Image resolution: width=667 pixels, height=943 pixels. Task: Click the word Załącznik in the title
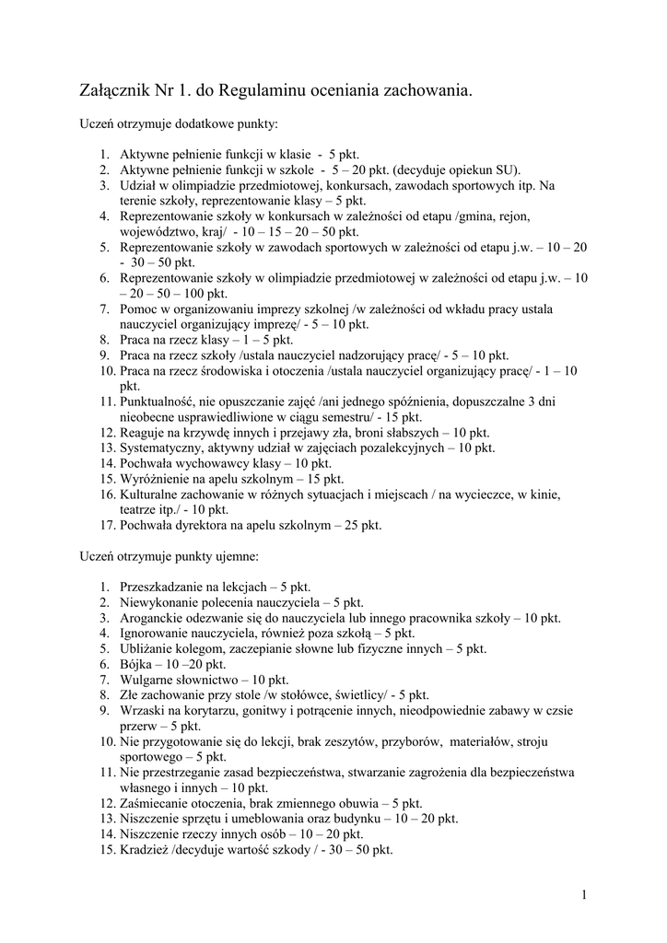tap(116, 90)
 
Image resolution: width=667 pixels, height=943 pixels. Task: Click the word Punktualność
tap(161, 402)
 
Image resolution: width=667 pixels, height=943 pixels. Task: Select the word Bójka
tap(135, 664)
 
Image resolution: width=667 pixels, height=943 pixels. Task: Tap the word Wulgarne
tap(146, 680)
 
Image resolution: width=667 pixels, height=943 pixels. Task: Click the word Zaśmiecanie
tap(156, 803)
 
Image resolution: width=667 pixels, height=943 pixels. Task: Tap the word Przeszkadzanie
tap(162, 587)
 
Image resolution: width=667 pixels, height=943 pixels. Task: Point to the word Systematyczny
tap(163, 448)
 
